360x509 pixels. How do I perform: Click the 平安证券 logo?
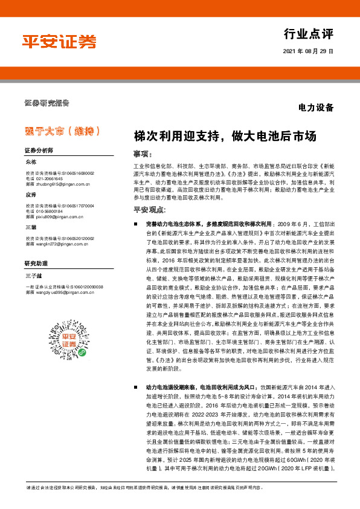point(59,41)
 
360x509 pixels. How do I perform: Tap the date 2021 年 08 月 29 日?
point(308,51)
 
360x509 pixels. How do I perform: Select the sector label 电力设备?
point(316,108)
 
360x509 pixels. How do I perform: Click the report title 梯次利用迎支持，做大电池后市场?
point(225,136)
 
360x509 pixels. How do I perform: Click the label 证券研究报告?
point(47,102)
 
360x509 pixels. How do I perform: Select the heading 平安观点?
point(150,210)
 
